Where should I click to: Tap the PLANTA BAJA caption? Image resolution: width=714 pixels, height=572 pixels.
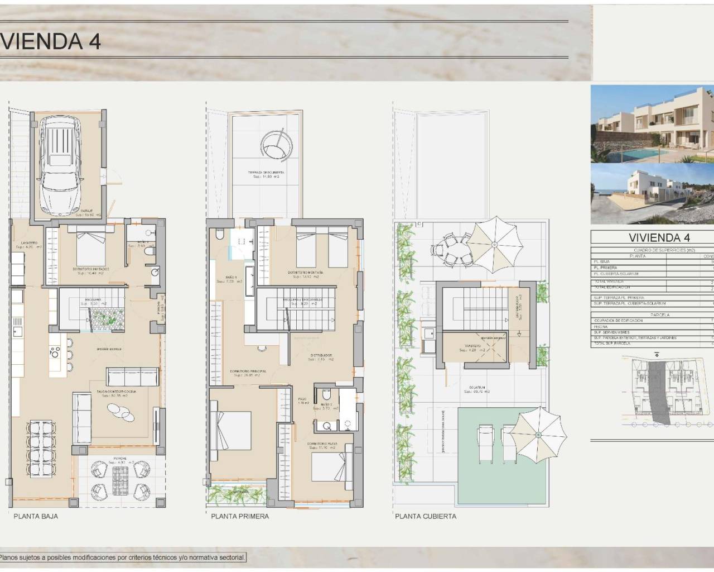point(36,516)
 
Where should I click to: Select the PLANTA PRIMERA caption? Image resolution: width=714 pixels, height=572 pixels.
point(240,516)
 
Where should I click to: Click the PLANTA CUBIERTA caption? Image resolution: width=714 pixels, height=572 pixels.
point(426,516)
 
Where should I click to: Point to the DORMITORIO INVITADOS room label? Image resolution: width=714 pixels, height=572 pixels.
point(90,269)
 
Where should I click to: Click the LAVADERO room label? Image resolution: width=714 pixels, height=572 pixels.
point(29,243)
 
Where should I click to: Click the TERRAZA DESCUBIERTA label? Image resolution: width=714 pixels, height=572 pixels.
point(266,173)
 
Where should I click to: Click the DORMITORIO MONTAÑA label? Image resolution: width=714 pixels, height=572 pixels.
point(303,273)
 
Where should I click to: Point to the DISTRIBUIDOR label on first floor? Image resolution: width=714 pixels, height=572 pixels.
point(322,355)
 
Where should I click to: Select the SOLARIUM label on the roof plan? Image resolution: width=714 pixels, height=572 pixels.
point(476,387)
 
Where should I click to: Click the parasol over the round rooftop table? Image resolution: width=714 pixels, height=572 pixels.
point(494,244)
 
